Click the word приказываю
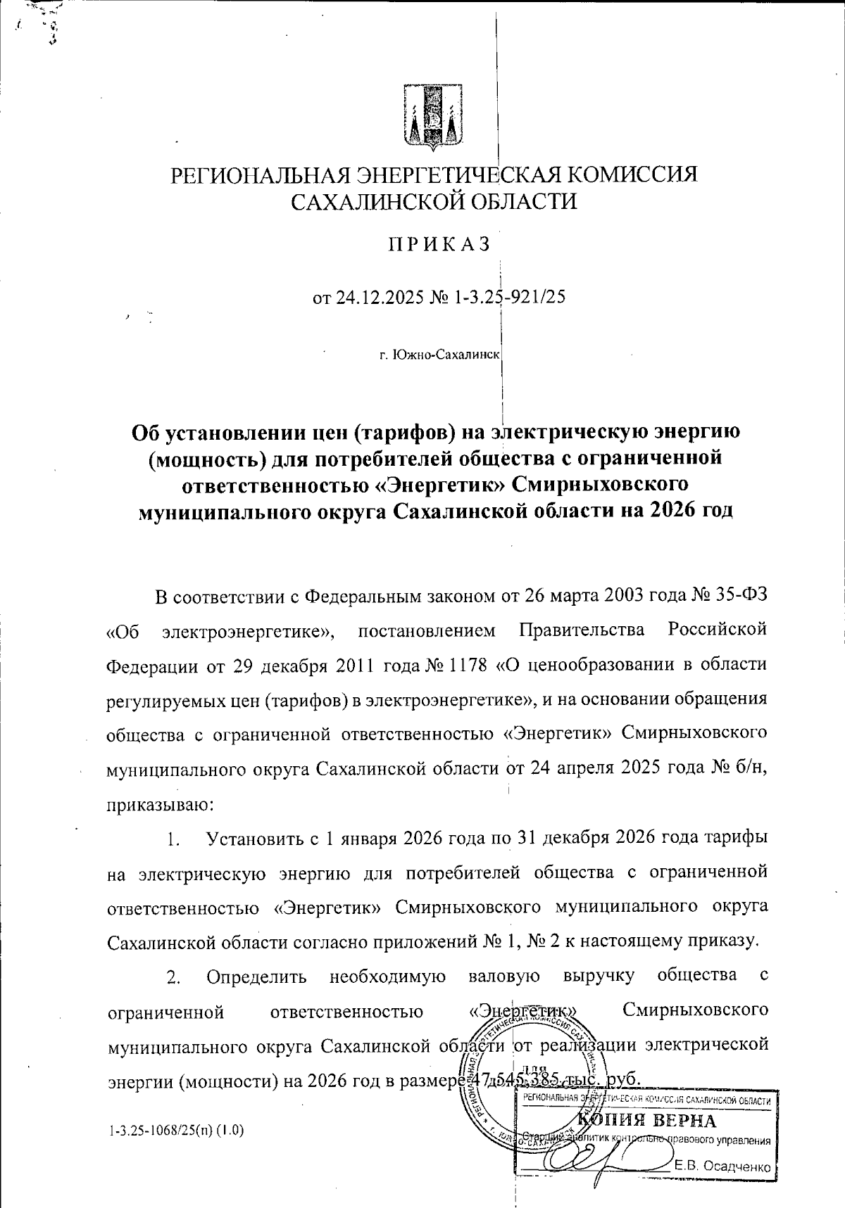(x=156, y=803)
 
